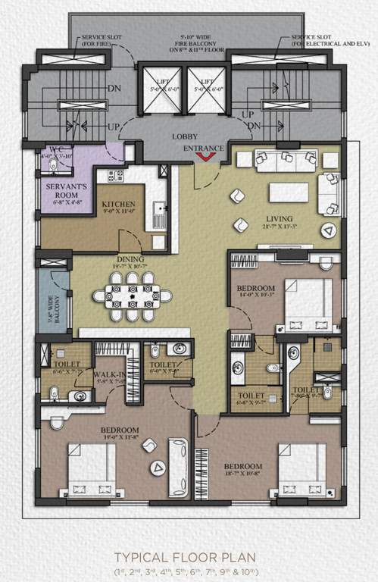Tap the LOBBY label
click(184, 136)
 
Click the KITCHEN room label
click(119, 205)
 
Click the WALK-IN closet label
click(110, 374)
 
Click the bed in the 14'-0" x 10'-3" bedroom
click(308, 301)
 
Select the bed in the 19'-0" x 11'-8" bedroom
click(92, 470)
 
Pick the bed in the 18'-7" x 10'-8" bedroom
click(301, 470)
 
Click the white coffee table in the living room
click(289, 192)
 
